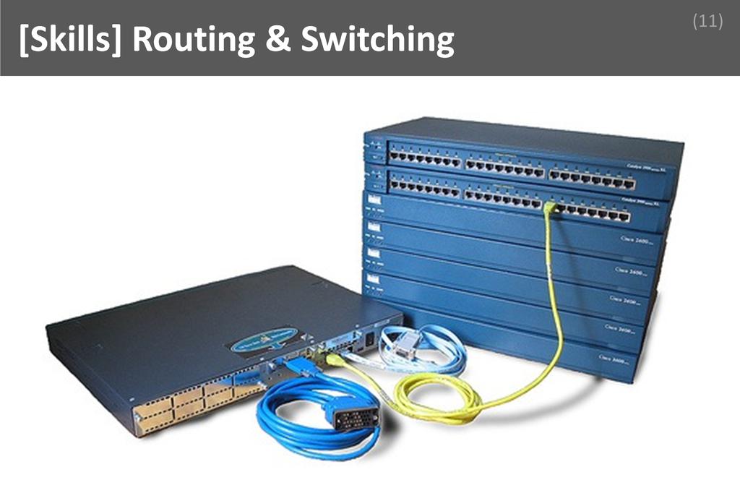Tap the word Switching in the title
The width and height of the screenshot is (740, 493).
click(x=377, y=40)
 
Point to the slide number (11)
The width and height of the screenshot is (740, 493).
click(x=707, y=22)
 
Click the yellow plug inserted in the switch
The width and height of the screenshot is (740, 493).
click(x=550, y=208)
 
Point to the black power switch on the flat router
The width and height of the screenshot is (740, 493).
click(x=370, y=337)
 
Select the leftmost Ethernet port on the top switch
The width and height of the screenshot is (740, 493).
click(x=394, y=155)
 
